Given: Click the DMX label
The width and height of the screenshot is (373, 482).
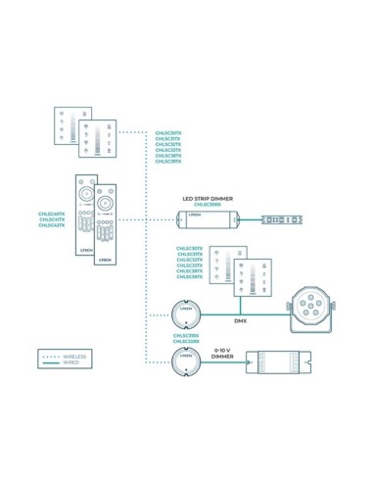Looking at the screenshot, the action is tap(239, 320).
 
